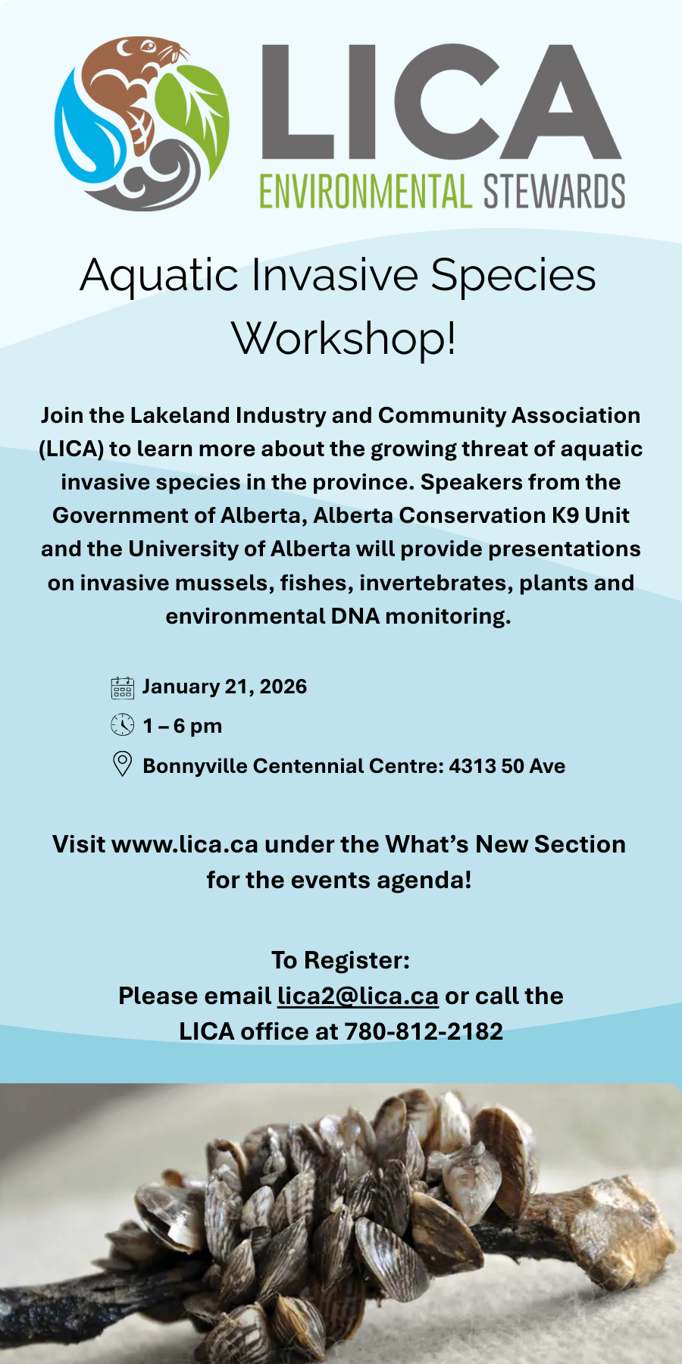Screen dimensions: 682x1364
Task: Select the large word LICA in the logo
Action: point(440,102)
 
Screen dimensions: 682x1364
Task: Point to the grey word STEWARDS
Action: point(554,191)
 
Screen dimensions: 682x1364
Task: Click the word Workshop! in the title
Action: point(343,339)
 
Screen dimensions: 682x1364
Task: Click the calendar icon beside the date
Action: point(122,687)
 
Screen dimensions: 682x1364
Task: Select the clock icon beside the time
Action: point(122,725)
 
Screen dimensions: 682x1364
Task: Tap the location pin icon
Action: point(122,764)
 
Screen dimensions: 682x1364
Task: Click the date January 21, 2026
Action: point(224,687)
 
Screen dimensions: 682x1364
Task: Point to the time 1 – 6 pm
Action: point(182,726)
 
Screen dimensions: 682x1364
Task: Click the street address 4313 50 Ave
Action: point(507,766)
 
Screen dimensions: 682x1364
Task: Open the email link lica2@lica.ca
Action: point(358,996)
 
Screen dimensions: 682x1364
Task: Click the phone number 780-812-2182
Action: point(424,1031)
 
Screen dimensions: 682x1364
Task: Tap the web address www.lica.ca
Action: point(185,844)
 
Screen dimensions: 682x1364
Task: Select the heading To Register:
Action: point(340,960)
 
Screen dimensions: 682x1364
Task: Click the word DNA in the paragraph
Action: point(355,616)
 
